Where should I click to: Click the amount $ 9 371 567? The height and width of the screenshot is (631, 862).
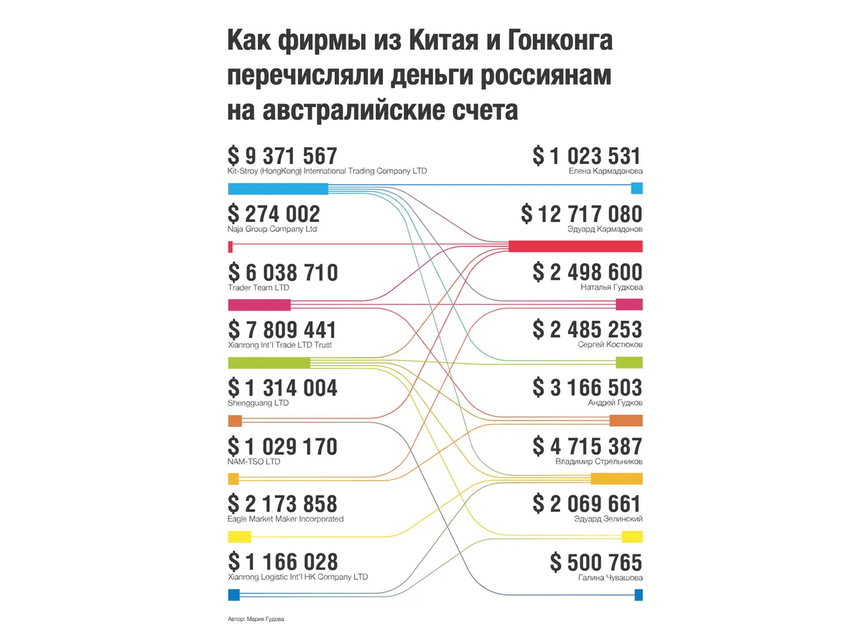[282, 155]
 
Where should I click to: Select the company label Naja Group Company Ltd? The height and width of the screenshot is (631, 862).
[272, 229]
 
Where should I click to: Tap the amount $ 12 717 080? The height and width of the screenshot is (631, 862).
[581, 214]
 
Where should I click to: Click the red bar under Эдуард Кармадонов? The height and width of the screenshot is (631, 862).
[575, 247]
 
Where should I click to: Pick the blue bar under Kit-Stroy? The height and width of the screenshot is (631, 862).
[277, 189]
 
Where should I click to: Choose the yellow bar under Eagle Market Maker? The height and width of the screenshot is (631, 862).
[239, 536]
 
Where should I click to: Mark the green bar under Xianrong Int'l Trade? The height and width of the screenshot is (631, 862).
[269, 363]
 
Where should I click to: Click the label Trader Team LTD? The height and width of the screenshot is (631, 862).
[259, 287]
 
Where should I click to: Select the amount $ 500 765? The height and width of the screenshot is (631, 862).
[595, 562]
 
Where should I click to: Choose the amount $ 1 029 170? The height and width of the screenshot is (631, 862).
[282, 446]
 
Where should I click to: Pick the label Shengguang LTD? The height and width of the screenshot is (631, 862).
[258, 403]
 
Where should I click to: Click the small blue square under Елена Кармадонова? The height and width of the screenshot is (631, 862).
[636, 188]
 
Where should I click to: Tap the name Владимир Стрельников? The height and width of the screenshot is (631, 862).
[599, 461]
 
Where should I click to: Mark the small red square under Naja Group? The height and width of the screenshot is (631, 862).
[230, 247]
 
